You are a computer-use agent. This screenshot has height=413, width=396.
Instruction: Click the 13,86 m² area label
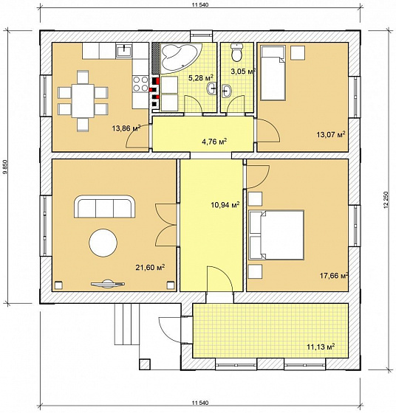click(126, 128)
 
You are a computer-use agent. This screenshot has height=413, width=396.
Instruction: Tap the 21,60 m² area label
click(150, 268)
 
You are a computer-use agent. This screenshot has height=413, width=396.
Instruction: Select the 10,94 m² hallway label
click(225, 204)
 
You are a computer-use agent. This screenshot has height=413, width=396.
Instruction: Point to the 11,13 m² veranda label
click(321, 347)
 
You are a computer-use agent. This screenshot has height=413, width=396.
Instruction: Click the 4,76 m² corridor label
click(214, 142)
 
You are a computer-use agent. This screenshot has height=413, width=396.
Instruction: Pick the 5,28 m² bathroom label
click(201, 77)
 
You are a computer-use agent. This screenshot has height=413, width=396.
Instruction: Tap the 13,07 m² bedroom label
click(331, 135)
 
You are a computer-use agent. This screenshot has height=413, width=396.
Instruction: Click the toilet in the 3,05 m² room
click(236, 52)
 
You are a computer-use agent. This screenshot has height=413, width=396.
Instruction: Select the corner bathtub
click(181, 58)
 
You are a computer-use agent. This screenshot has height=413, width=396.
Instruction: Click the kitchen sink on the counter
click(125, 50)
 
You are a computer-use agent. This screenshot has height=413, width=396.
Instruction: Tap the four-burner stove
click(140, 84)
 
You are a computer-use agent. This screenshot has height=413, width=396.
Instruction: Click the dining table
click(83, 101)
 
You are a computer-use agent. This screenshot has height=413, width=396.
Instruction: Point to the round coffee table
click(103, 243)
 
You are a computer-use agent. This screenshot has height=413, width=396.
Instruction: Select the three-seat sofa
click(105, 206)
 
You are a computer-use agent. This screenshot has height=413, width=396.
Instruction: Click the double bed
click(276, 235)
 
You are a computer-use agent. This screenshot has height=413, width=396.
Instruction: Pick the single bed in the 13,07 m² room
click(273, 73)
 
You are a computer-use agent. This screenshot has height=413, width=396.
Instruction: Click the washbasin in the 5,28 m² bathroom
click(211, 88)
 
